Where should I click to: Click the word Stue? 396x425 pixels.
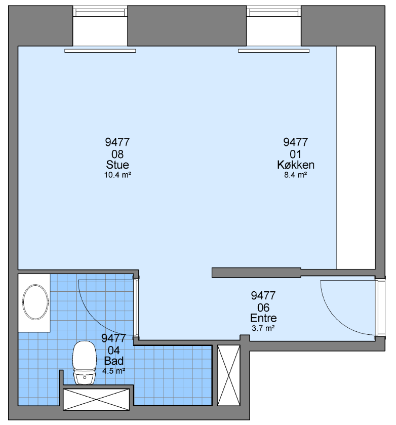click(117, 165)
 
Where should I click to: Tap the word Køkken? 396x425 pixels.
click(296, 165)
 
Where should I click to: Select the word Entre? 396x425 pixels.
click(263, 318)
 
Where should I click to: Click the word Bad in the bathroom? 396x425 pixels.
click(114, 361)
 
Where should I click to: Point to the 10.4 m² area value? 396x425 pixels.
click(117, 175)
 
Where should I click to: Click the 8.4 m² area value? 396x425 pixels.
click(295, 175)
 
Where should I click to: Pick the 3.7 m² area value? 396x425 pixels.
click(263, 328)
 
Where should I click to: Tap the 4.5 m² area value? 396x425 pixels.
click(113, 371)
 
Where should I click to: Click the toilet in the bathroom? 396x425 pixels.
click(85, 362)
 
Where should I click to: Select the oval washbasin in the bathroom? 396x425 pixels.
click(35, 302)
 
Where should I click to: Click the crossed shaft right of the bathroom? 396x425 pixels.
click(229, 375)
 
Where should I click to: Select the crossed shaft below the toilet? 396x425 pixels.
click(96, 399)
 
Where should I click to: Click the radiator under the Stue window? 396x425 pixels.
click(100, 51)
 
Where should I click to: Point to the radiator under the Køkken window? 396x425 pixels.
click(274, 51)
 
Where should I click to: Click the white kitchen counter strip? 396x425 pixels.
click(355, 158)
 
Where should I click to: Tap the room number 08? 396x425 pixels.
click(117, 154)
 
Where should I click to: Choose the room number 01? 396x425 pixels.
click(295, 154)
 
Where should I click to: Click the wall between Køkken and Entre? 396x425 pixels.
click(256, 273)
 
